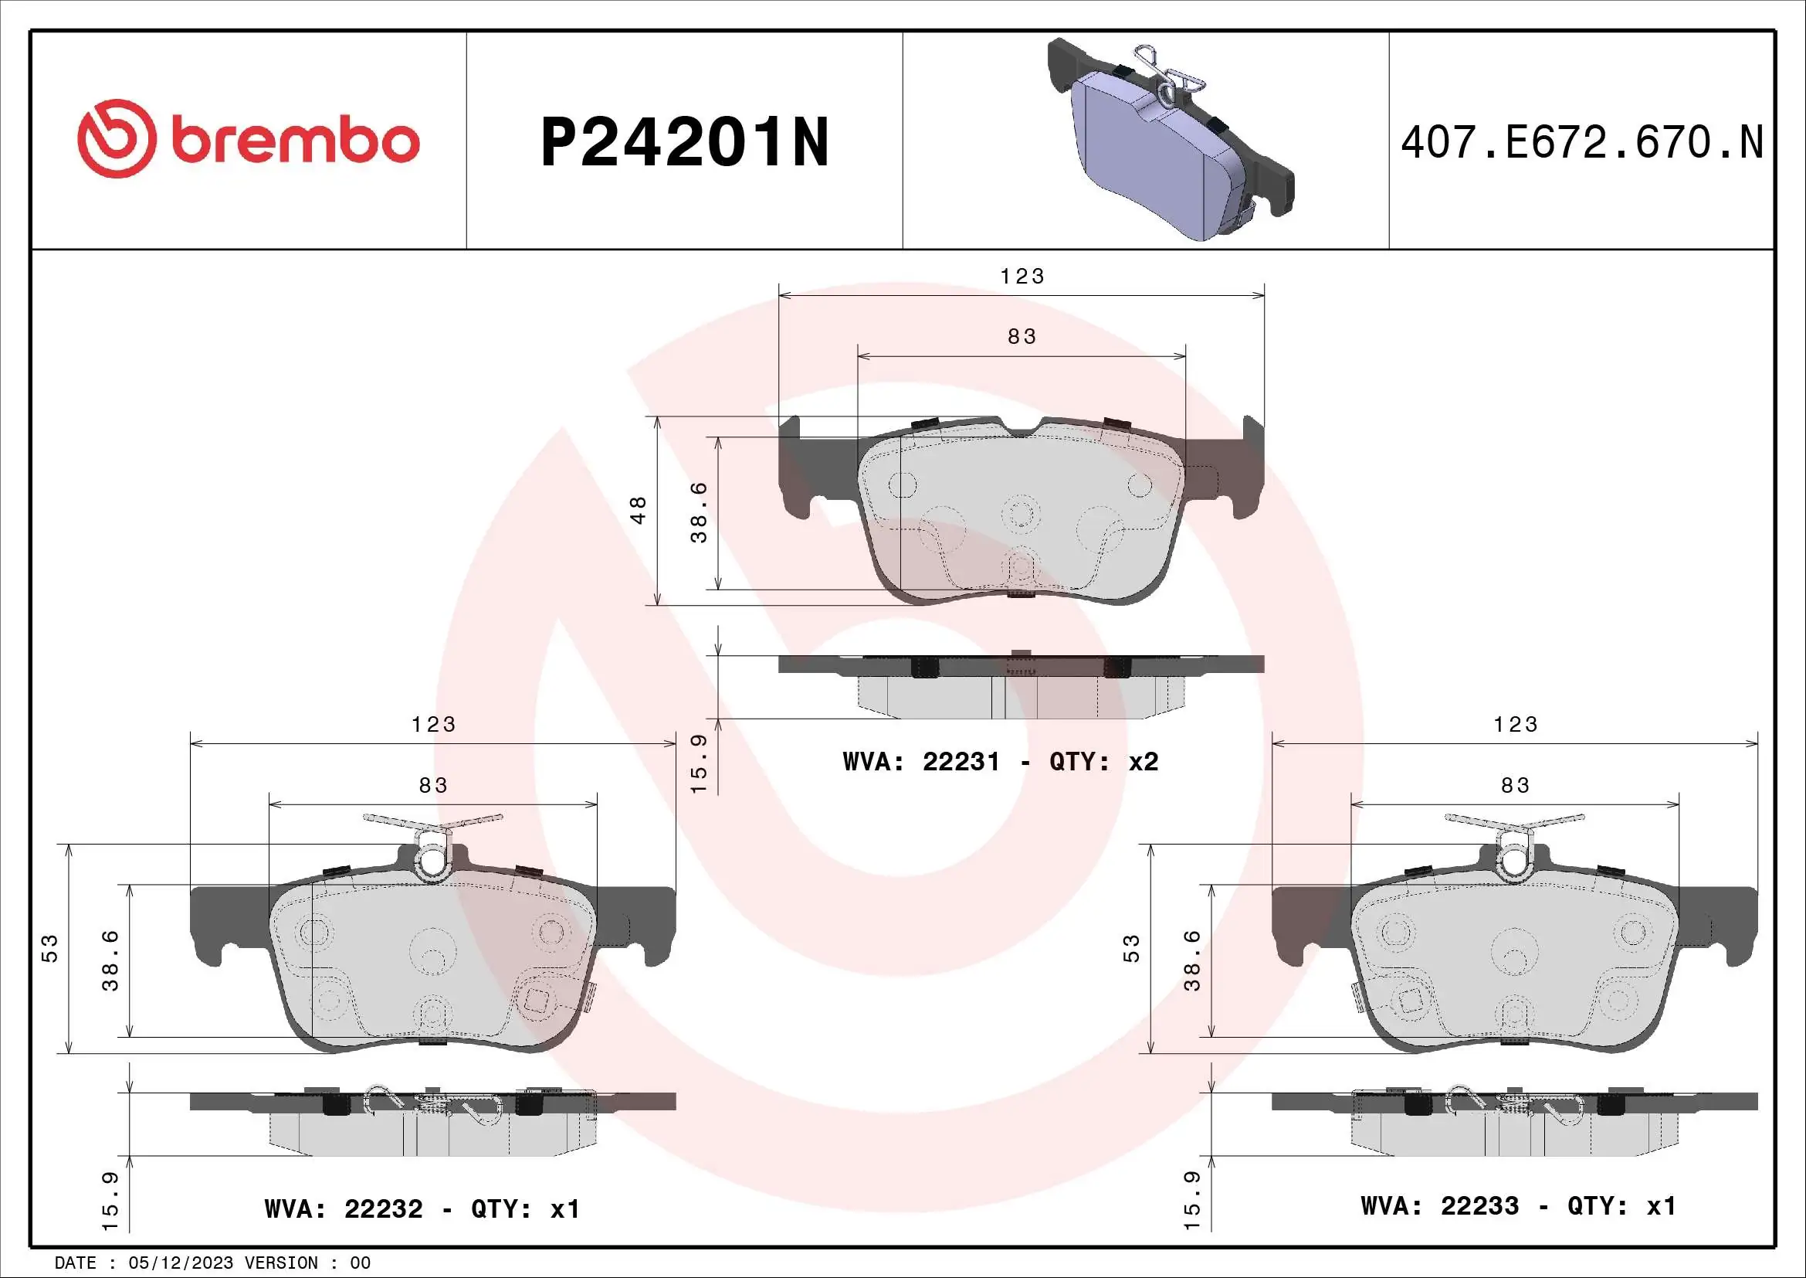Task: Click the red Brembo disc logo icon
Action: pyautogui.click(x=115, y=138)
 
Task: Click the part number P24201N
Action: pyautogui.click(x=685, y=142)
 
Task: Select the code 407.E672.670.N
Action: pyautogui.click(x=1582, y=142)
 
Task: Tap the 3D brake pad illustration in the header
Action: pyautogui.click(x=1171, y=138)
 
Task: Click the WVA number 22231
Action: pyautogui.click(x=961, y=762)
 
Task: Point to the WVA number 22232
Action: pyautogui.click(x=383, y=1208)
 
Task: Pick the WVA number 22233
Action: pyautogui.click(x=1479, y=1206)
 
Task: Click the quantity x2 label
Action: pyautogui.click(x=1144, y=762)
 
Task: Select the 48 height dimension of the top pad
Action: pyautogui.click(x=639, y=510)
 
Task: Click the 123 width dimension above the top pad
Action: pyautogui.click(x=1022, y=276)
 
